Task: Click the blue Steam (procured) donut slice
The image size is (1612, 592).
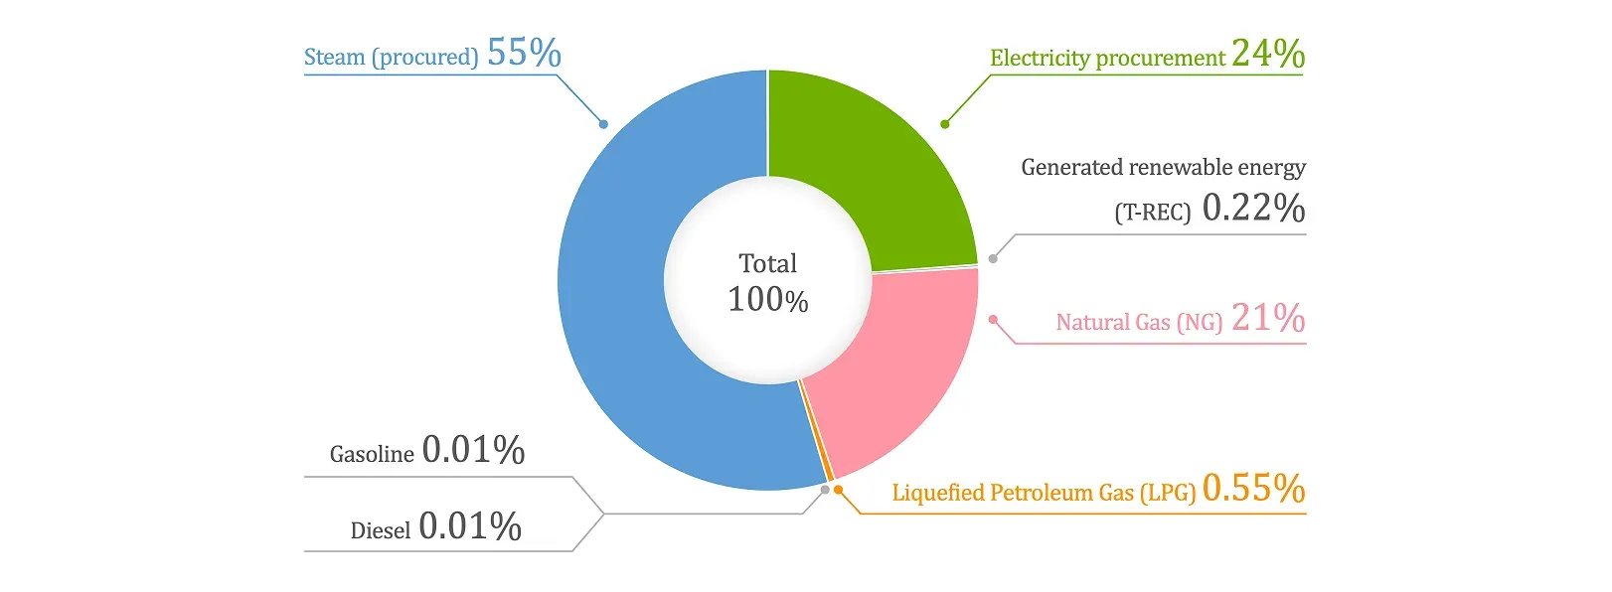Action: (x=611, y=288)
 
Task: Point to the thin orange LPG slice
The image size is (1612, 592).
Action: (x=817, y=432)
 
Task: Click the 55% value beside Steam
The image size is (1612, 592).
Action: (x=524, y=53)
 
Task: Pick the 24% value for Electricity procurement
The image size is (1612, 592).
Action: (x=1268, y=53)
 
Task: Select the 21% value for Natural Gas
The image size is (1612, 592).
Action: (x=1268, y=317)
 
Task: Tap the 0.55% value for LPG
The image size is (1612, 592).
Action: (x=1253, y=488)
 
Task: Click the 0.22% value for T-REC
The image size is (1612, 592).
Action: (x=1253, y=208)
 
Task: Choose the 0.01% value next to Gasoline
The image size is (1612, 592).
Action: (x=473, y=450)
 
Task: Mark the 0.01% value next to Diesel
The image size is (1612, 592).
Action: (x=470, y=525)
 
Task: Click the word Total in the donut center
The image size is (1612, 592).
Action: (x=768, y=263)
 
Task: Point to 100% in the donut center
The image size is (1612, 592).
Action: (x=768, y=300)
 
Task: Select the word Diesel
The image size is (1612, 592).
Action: (x=380, y=530)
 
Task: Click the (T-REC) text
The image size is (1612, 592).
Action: (x=1153, y=213)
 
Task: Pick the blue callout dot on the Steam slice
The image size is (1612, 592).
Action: (x=604, y=124)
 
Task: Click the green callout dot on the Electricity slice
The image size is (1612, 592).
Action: (x=945, y=124)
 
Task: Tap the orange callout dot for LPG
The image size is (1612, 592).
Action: (x=838, y=489)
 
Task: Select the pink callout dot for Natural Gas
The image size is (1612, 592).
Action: (x=993, y=320)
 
